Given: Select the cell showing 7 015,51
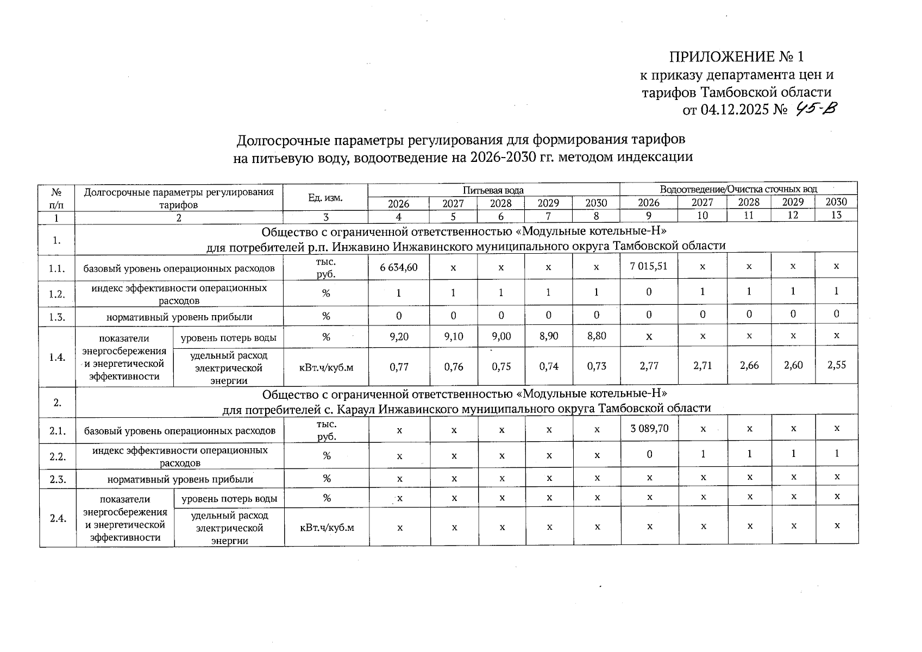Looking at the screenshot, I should tap(649, 266).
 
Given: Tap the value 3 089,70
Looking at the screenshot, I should tap(649, 428).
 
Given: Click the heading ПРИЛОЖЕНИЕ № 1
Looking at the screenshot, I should tap(736, 57).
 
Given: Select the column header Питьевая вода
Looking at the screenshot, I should tap(493, 190).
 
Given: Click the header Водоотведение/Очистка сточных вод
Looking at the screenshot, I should tap(738, 189).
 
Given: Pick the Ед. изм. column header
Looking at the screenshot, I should tap(325, 197).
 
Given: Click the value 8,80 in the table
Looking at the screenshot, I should tap(597, 336).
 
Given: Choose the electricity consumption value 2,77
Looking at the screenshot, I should tap(649, 366).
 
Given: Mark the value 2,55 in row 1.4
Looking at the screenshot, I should tap(836, 365).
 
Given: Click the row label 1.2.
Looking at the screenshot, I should tap(57, 294).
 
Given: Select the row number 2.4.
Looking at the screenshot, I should tap(58, 518).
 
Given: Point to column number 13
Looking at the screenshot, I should tap(836, 215).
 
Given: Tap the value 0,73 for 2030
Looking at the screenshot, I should tap(597, 366).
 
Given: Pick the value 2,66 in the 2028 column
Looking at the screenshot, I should tap(749, 366).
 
